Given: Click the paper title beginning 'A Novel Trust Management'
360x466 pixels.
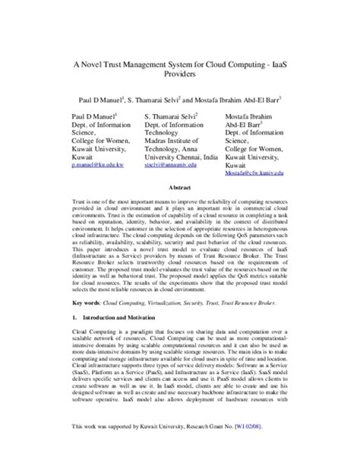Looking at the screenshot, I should [179, 67].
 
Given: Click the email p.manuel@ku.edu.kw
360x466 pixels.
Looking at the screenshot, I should [90, 163].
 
